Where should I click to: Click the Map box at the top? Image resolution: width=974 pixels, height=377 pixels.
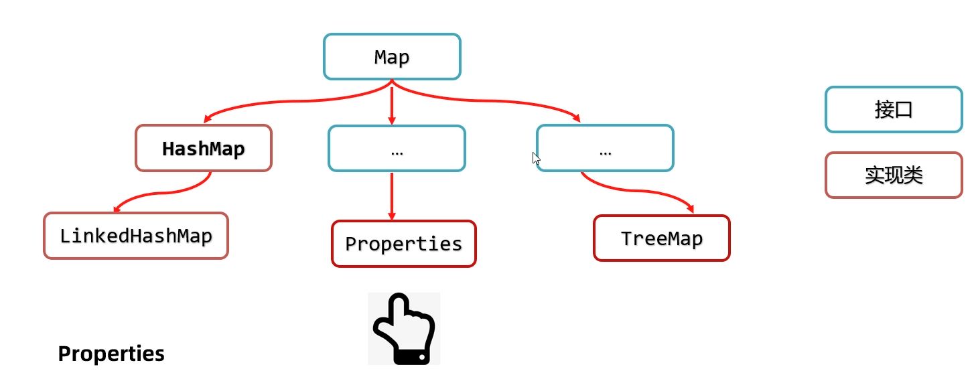(x=392, y=57)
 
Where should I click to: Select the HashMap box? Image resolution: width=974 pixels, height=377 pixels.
(x=204, y=148)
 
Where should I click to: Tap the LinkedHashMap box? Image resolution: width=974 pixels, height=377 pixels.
(x=136, y=236)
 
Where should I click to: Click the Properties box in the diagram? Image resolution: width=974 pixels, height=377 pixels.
(x=403, y=244)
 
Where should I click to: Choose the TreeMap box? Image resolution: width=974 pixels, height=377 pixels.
(x=661, y=238)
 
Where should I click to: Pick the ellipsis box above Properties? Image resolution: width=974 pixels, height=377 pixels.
(x=397, y=148)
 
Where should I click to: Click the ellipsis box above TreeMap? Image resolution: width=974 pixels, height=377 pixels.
(x=605, y=148)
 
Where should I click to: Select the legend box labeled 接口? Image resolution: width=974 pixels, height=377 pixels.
(x=894, y=109)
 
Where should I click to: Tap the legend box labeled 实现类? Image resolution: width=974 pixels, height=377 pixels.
(x=894, y=175)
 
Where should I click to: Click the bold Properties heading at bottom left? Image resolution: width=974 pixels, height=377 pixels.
(x=111, y=354)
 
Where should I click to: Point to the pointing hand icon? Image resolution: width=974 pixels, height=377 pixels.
(x=404, y=329)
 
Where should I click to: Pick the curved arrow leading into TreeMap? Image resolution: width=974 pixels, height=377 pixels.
(x=643, y=190)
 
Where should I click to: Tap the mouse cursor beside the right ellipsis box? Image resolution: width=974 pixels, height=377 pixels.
(x=536, y=159)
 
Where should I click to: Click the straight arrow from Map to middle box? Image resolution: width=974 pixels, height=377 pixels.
(x=392, y=104)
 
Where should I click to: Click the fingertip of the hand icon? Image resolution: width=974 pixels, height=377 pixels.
(x=400, y=299)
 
